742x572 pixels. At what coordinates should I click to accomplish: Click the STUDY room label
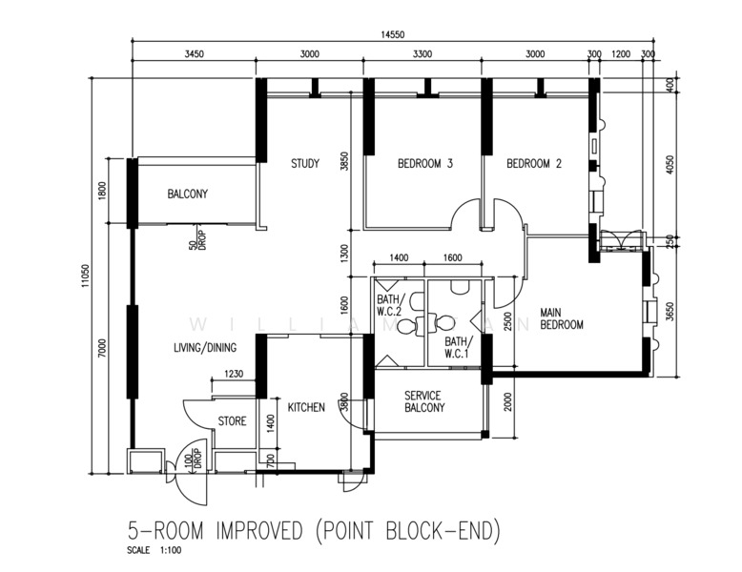click(x=305, y=164)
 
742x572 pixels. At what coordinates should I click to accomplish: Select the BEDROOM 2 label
click(x=533, y=164)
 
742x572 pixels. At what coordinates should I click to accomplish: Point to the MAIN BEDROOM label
click(x=562, y=318)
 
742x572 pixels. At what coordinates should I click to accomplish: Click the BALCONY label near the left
click(x=188, y=194)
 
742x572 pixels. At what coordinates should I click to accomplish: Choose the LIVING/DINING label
click(x=204, y=348)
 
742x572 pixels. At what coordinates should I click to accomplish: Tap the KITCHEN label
click(x=299, y=407)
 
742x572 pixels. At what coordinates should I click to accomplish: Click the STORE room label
click(x=232, y=421)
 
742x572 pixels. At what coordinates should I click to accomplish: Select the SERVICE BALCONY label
click(x=425, y=401)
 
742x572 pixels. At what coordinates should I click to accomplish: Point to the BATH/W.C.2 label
click(x=392, y=302)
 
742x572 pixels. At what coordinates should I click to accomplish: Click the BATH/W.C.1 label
click(x=458, y=348)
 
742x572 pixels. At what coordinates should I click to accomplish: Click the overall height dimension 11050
click(x=85, y=276)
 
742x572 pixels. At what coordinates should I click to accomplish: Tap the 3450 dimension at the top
click(x=195, y=54)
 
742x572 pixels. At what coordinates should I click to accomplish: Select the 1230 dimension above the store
click(x=235, y=374)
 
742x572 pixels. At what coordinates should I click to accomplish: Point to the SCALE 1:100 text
click(x=151, y=551)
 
